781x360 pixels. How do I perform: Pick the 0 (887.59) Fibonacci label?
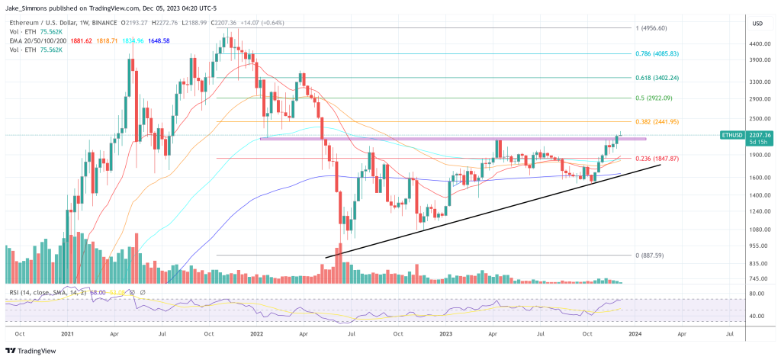pyautogui.click(x=650, y=256)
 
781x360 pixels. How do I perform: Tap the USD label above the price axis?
pyautogui.click(x=757, y=23)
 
